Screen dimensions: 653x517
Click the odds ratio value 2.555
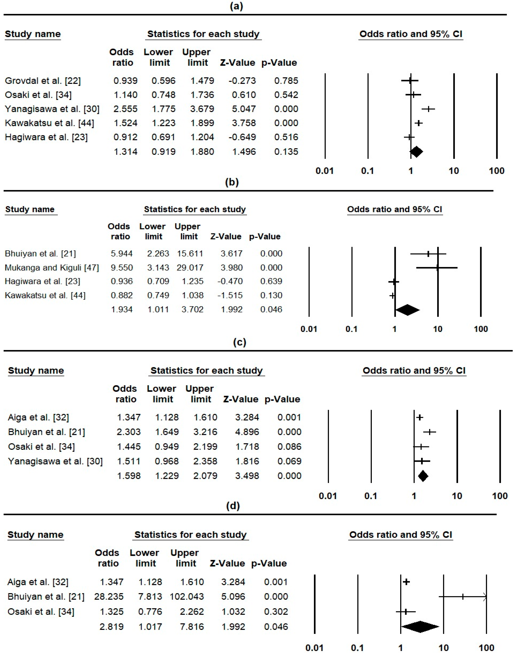click(x=125, y=109)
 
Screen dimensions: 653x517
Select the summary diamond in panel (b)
click(x=407, y=309)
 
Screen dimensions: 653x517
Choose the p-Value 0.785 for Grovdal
click(x=286, y=81)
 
